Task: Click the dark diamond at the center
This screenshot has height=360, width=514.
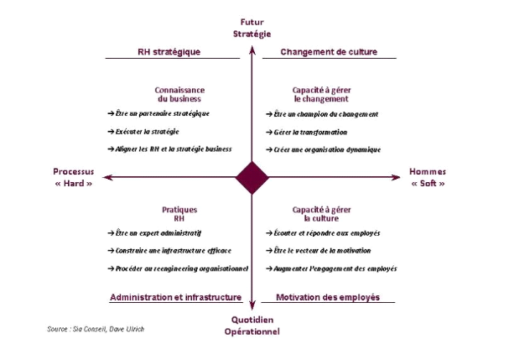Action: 252,177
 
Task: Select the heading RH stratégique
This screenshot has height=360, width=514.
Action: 169,51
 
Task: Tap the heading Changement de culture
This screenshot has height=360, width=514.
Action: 328,51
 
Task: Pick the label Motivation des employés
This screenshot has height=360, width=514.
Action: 328,297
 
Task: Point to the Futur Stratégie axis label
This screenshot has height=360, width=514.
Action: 252,28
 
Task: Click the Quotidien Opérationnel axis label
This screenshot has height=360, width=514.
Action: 252,326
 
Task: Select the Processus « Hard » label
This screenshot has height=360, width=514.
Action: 73,177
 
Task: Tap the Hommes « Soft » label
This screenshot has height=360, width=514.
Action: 427,177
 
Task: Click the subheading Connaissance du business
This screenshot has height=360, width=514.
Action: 179,94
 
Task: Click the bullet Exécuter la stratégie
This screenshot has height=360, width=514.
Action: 148,131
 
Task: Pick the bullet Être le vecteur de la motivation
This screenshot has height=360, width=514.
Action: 322,250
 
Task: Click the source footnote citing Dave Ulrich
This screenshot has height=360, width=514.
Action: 96,328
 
